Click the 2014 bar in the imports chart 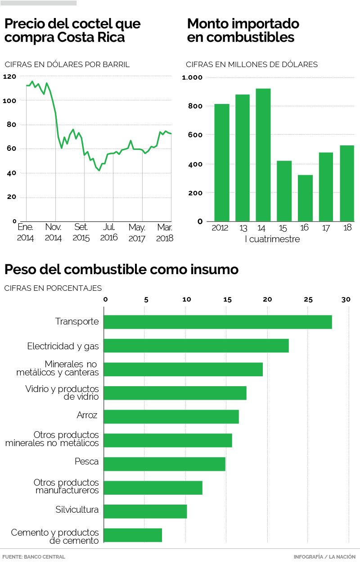coord(263,155)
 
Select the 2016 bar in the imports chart coord(305,198)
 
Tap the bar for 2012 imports coord(222,162)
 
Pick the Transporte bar coord(218,322)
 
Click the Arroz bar coord(171,416)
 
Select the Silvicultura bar coord(145,511)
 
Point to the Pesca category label coord(86,461)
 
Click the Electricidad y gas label coord(63,346)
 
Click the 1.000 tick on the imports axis coord(192,77)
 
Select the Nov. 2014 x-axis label coord(54,232)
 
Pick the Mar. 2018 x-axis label coord(164,232)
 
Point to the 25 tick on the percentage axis coord(308,299)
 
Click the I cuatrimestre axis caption coord(272,239)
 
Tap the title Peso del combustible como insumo coord(121,270)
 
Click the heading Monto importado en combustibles coord(243,30)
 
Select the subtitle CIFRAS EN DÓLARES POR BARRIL coord(67,64)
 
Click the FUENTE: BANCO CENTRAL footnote coord(34,557)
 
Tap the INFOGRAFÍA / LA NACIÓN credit coord(324,557)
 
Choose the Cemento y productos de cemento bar coord(133,535)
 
